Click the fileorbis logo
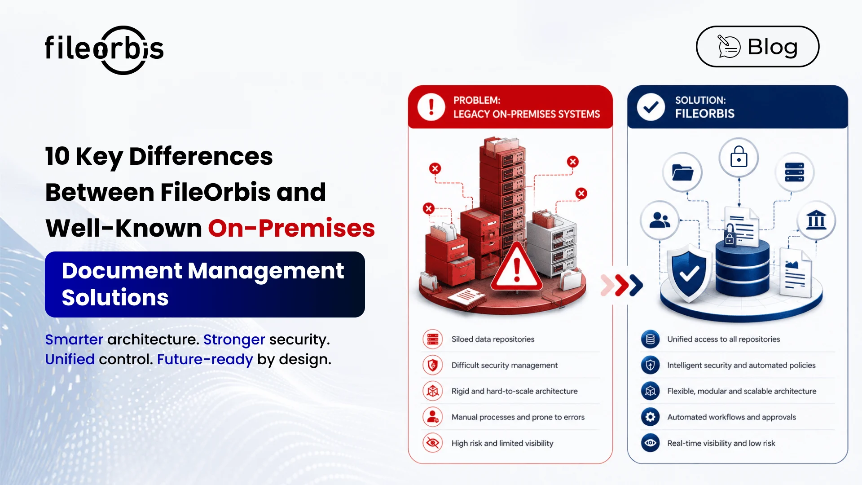pyautogui.click(x=104, y=49)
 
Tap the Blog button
pyautogui.click(x=757, y=47)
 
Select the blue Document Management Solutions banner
pyautogui.click(x=205, y=284)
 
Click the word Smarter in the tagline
pyautogui.click(x=74, y=339)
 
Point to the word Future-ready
pyautogui.click(x=205, y=360)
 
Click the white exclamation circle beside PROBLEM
pyautogui.click(x=431, y=107)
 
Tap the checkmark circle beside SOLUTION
pyautogui.click(x=651, y=107)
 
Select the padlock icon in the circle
pyautogui.click(x=739, y=157)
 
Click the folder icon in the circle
pyautogui.click(x=682, y=172)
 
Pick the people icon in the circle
pyautogui.click(x=660, y=220)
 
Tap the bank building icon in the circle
pyautogui.click(x=816, y=220)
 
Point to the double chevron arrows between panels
pyautogui.click(x=622, y=285)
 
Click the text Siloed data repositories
pyautogui.click(x=493, y=339)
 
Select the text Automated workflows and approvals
pyautogui.click(x=731, y=417)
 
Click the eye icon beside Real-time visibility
pyautogui.click(x=650, y=443)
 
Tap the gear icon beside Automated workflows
pyautogui.click(x=650, y=417)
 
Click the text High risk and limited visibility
pyautogui.click(x=502, y=443)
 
